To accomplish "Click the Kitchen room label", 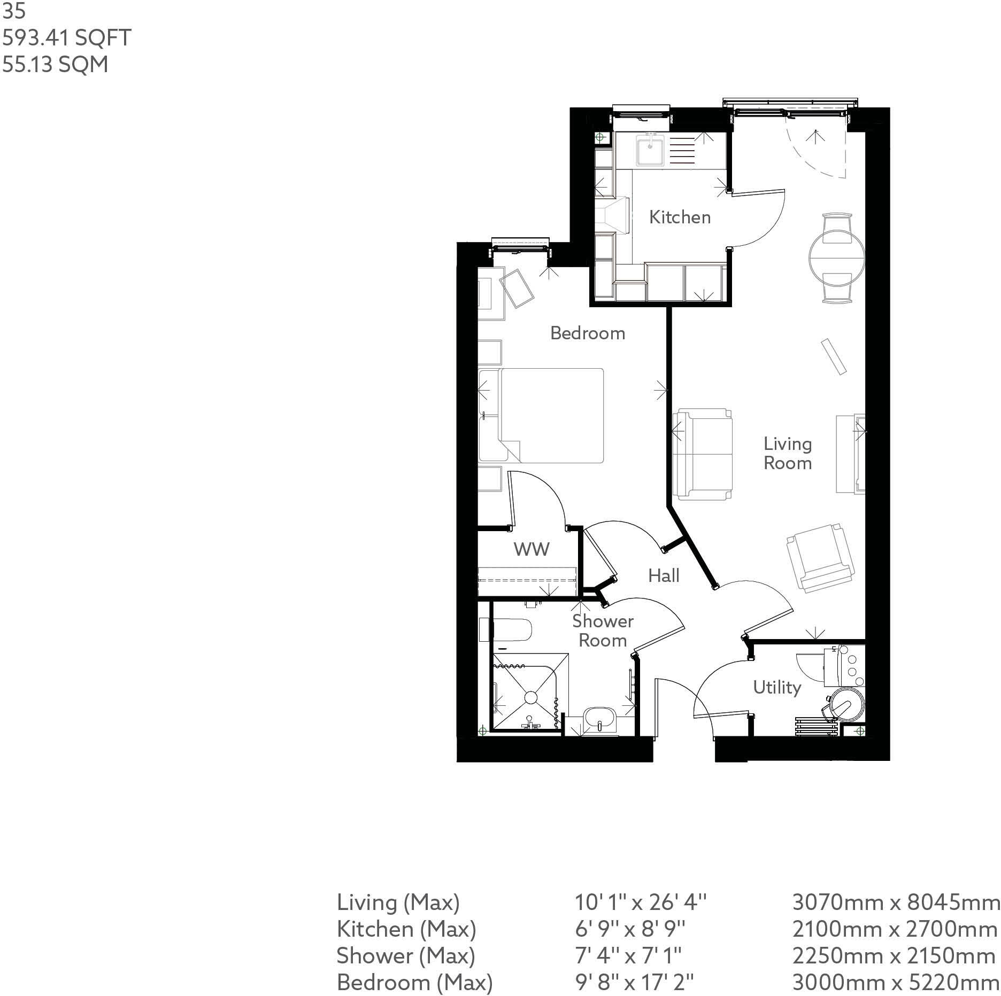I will tap(680, 217).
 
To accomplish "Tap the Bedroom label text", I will tap(587, 333).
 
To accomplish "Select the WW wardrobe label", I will tap(531, 549).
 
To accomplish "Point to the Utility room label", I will tap(776, 687).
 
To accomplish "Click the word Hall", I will tap(664, 575).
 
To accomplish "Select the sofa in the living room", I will tap(702, 454).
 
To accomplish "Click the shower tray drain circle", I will tap(530, 697).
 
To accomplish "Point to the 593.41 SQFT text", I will tap(67, 38).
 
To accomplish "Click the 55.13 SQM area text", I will tap(55, 65).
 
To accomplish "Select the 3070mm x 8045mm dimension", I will tap(896, 902).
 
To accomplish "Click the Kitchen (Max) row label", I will tap(406, 929).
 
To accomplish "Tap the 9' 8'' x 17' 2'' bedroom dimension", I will tap(634, 982).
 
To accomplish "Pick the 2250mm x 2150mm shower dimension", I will tap(894, 955).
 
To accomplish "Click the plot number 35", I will tap(14, 12).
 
